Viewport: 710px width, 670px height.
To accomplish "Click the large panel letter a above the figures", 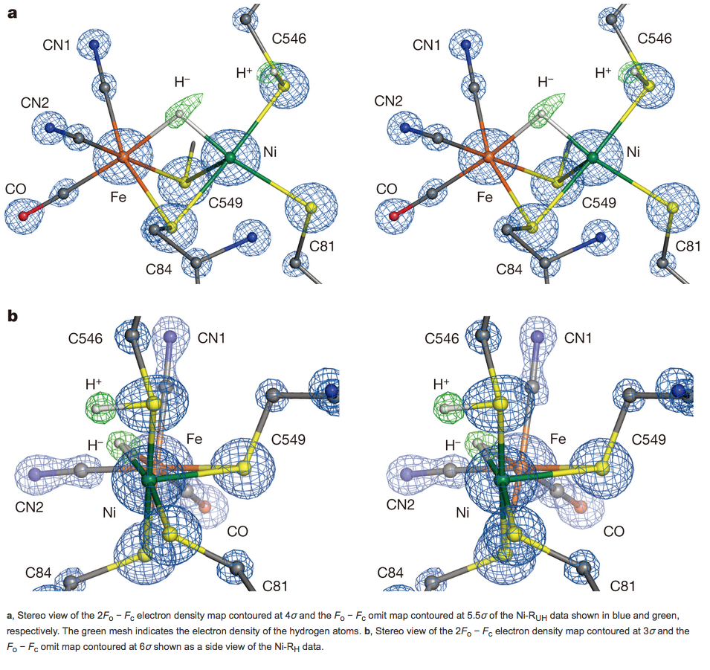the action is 13,13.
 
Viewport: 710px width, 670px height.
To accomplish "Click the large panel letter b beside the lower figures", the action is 13,317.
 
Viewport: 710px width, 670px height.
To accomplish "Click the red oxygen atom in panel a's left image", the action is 22,216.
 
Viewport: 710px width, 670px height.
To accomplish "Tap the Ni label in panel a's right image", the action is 633,152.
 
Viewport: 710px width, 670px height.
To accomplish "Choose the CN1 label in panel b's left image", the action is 212,339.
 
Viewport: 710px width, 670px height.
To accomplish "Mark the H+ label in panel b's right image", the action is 441,384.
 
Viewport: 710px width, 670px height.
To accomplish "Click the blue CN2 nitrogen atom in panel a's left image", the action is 50,128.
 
